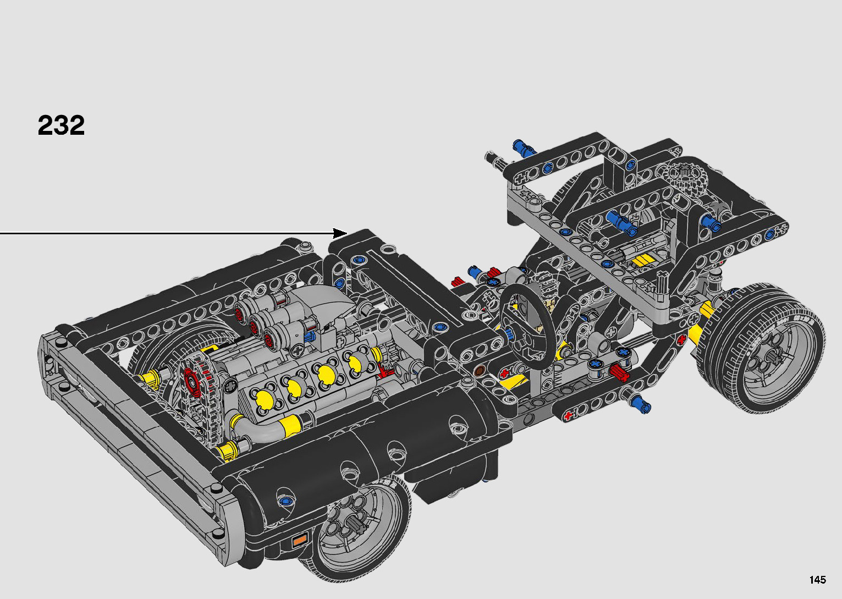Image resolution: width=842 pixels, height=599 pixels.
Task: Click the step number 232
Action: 61,125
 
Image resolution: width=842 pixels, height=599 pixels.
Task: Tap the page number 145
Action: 818,579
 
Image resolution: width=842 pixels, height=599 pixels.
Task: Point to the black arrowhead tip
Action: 347,233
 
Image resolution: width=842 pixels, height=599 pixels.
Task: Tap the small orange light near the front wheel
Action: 300,541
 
